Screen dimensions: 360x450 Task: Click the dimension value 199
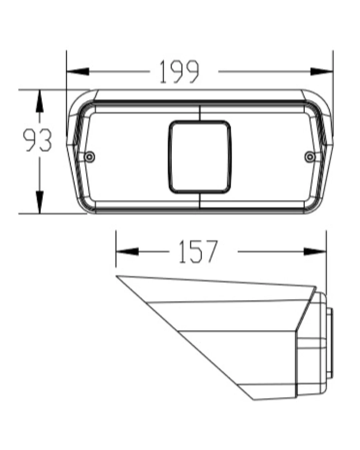pyautogui.click(x=179, y=72)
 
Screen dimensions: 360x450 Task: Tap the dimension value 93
pyautogui.click(x=37, y=140)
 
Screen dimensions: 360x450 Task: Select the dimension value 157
pyautogui.click(x=198, y=251)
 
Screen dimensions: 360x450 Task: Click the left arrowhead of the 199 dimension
pyautogui.click(x=78, y=72)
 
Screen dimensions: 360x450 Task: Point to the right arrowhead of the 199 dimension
pyautogui.click(x=322, y=72)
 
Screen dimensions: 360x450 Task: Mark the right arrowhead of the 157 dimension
pyautogui.click(x=315, y=251)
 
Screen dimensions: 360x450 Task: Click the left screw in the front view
pyautogui.click(x=90, y=157)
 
